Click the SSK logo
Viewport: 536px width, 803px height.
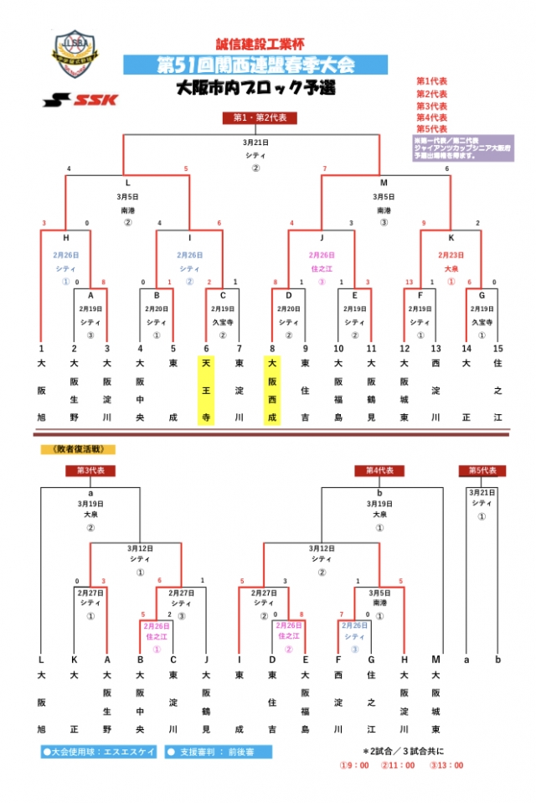pyautogui.click(x=80, y=100)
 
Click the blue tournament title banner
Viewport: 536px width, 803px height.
pyautogui.click(x=255, y=65)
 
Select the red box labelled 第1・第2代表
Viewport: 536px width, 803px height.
pyautogui.click(x=260, y=118)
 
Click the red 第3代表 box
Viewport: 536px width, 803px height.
pyautogui.click(x=90, y=471)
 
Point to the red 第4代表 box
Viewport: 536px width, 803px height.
pyautogui.click(x=379, y=471)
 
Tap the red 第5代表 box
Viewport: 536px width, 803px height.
pyautogui.click(x=482, y=471)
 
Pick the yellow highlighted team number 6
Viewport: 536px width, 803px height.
pyautogui.click(x=206, y=348)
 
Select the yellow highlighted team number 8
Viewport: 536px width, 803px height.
pyautogui.click(x=272, y=348)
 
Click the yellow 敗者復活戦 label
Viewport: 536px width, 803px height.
pyautogui.click(x=79, y=450)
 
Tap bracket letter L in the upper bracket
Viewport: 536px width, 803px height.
pyautogui.click(x=127, y=182)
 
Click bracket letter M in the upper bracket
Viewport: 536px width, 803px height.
pyautogui.click(x=384, y=182)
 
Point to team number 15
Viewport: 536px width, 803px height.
pyautogui.click(x=498, y=348)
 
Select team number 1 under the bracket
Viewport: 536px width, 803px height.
pyautogui.click(x=40, y=348)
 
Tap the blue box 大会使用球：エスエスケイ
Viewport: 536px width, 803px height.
pyautogui.click(x=99, y=752)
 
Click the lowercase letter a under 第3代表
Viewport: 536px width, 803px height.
pyautogui.click(x=90, y=494)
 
